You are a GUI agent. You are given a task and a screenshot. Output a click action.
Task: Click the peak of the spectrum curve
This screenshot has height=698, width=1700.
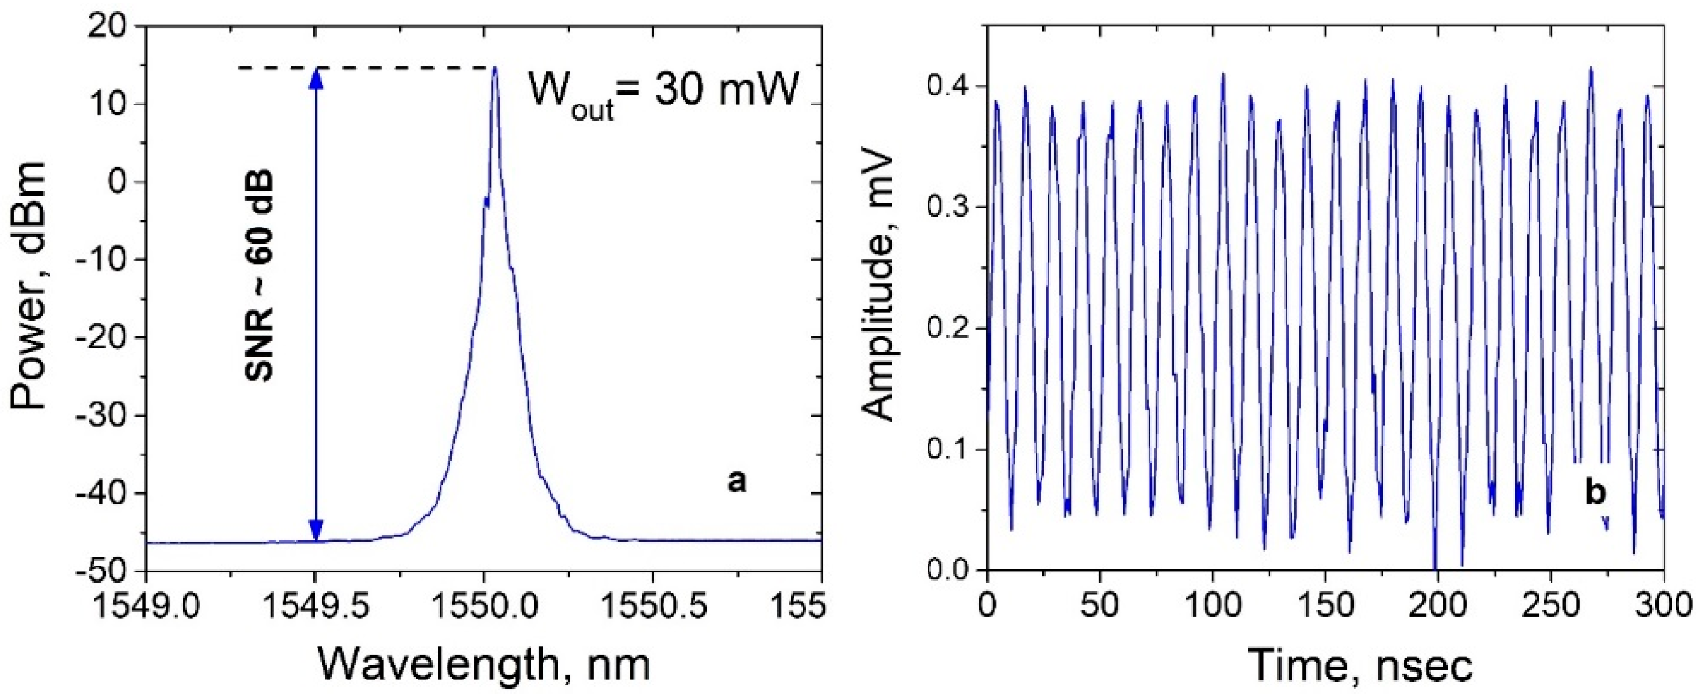tap(494, 68)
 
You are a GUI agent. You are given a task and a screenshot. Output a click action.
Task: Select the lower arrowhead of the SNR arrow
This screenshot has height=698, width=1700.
tap(316, 529)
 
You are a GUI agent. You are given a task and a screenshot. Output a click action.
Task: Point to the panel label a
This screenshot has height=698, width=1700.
tap(737, 482)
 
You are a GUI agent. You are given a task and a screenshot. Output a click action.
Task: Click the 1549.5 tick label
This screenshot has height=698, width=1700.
tap(315, 605)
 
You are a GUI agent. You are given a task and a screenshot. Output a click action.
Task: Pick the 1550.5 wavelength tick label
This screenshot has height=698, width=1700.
tap(653, 605)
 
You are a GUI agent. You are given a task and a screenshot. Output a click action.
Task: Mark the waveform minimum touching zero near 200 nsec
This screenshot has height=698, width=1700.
tap(1435, 568)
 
